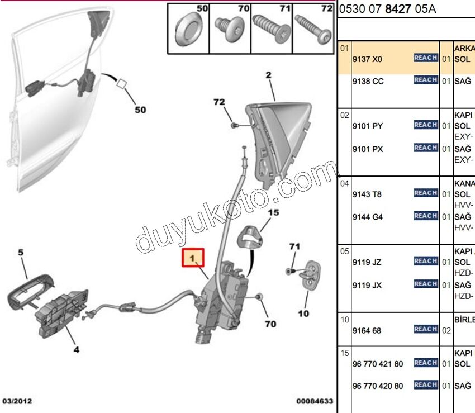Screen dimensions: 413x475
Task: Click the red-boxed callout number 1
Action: click(x=193, y=259)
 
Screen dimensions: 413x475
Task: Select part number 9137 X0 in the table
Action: click(x=367, y=59)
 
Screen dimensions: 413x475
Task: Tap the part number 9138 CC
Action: click(x=368, y=81)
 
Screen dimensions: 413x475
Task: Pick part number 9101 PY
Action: click(x=367, y=126)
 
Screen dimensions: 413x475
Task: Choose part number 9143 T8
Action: click(x=367, y=194)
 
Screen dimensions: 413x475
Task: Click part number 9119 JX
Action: click(x=367, y=285)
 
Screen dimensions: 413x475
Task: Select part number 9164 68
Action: click(x=367, y=330)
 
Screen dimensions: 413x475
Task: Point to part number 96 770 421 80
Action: click(x=378, y=364)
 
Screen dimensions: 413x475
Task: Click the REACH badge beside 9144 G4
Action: click(x=425, y=216)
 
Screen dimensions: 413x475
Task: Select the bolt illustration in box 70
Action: click(x=229, y=26)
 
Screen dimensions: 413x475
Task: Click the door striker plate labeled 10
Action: click(x=311, y=275)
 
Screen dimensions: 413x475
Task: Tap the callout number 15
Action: click(x=273, y=212)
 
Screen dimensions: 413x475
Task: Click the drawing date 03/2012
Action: click(x=17, y=401)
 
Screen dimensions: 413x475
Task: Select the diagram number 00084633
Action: click(x=315, y=401)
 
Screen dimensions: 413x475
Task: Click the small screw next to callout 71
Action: click(x=289, y=271)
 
